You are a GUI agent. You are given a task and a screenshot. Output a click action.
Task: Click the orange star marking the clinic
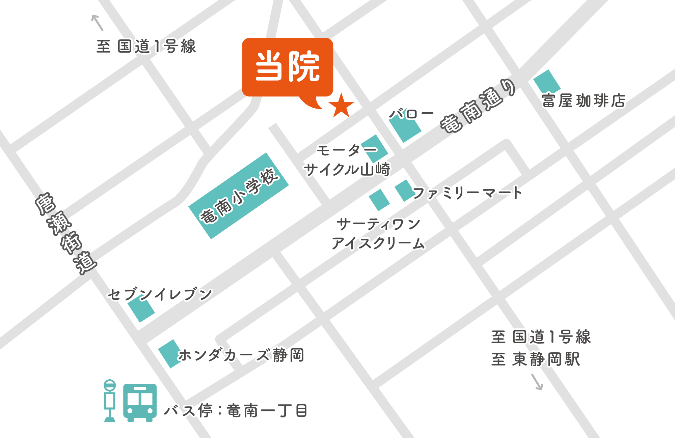click(341, 106)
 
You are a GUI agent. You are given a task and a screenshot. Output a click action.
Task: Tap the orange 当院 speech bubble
click(288, 67)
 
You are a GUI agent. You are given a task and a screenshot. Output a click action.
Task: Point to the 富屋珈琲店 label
click(584, 100)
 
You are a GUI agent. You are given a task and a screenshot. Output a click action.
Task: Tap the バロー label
click(411, 114)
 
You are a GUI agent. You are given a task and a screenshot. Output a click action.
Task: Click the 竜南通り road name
click(478, 106)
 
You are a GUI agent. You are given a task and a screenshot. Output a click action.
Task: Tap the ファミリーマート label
click(467, 193)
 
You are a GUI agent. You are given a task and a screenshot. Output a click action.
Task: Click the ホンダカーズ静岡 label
click(241, 355)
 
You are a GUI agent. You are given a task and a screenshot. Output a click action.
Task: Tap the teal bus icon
click(140, 402)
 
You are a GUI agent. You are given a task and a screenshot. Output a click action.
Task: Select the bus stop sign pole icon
click(110, 401)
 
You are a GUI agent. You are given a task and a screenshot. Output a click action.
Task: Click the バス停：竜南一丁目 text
click(236, 411)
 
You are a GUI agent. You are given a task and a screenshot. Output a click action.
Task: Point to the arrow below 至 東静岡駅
click(537, 382)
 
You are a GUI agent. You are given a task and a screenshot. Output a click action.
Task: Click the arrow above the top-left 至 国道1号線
click(97, 23)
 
